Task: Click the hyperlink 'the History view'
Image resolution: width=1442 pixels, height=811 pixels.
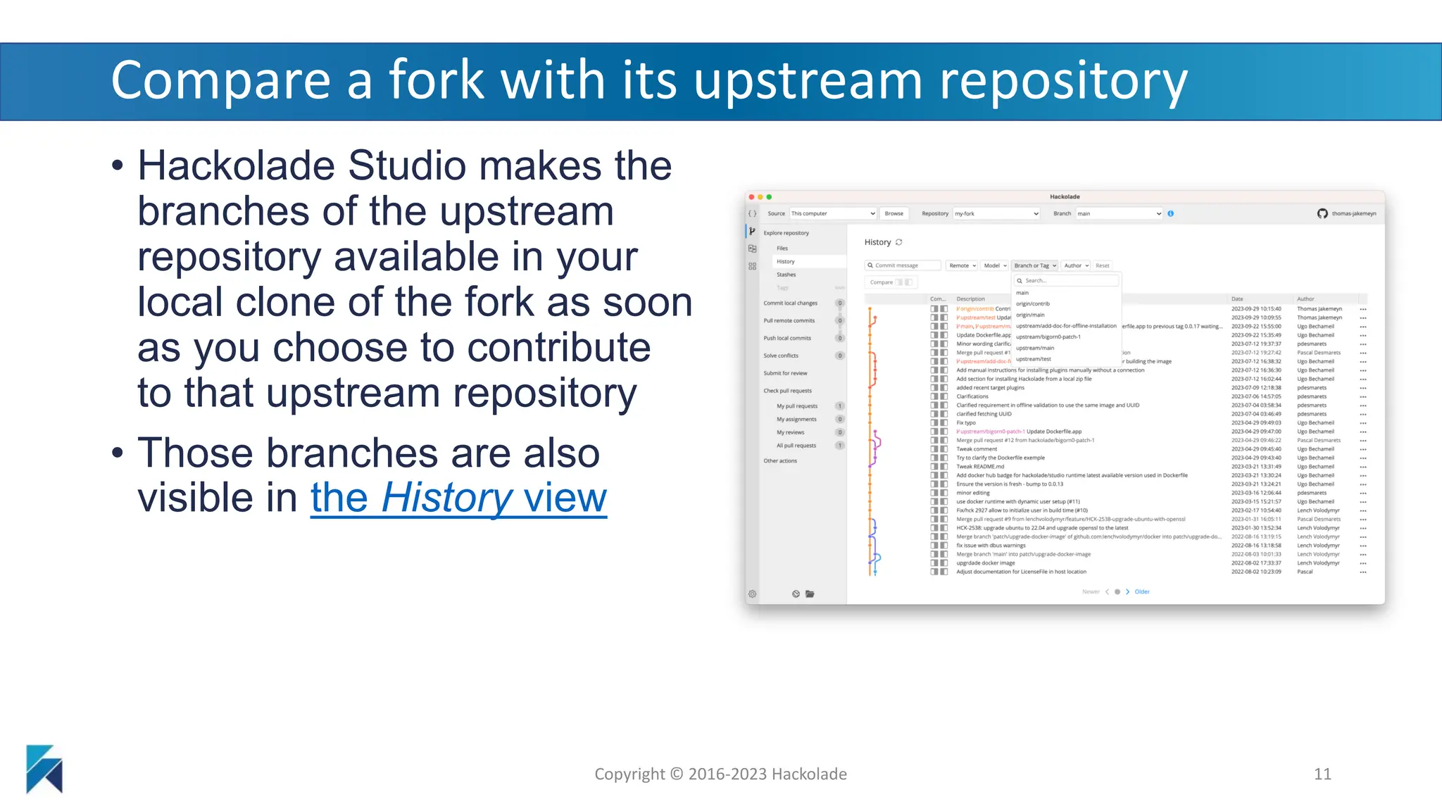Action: pyautogui.click(x=458, y=498)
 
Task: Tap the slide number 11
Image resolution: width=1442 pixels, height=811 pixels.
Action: pyautogui.click(x=1322, y=774)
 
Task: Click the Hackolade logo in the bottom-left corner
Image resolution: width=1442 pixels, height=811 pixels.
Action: pyautogui.click(x=44, y=769)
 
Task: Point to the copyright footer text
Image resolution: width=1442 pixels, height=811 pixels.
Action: pyautogui.click(x=720, y=774)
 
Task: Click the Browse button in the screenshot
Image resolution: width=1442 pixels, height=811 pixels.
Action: pyautogui.click(x=894, y=213)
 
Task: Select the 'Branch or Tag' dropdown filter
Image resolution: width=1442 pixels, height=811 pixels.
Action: pyautogui.click(x=1035, y=265)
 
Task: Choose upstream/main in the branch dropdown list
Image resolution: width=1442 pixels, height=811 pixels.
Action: pyautogui.click(x=1035, y=348)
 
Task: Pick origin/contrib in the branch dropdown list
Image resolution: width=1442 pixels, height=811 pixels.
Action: pyautogui.click(x=1032, y=303)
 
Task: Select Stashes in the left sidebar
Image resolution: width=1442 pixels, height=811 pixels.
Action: pyautogui.click(x=786, y=275)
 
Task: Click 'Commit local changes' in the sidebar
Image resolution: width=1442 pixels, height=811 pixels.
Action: pyautogui.click(x=790, y=303)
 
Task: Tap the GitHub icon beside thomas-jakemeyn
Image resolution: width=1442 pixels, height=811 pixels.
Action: pyautogui.click(x=1322, y=213)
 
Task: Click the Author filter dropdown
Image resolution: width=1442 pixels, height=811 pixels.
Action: pyautogui.click(x=1077, y=265)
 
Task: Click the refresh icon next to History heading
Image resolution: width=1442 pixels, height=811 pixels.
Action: pyautogui.click(x=898, y=242)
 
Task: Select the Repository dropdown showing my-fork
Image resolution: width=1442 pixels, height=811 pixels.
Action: pyautogui.click(x=996, y=213)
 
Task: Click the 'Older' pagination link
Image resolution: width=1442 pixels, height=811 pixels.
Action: pyautogui.click(x=1141, y=591)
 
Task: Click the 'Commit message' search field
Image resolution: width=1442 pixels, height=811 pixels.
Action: pyautogui.click(x=903, y=265)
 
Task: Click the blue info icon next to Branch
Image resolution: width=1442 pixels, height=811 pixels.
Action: pyautogui.click(x=1170, y=213)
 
